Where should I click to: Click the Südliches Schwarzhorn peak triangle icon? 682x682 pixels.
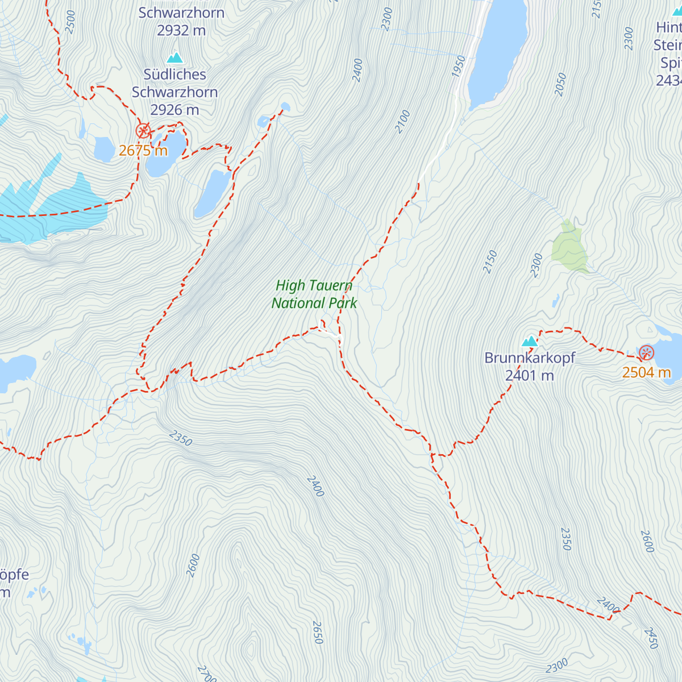(x=174, y=58)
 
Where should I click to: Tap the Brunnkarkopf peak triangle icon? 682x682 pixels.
(x=530, y=341)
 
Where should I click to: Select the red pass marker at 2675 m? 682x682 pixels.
(x=143, y=131)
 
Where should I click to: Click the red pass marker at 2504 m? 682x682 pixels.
(x=646, y=353)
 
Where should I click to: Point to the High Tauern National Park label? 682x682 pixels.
(x=314, y=294)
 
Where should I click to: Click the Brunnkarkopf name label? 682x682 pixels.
(x=529, y=358)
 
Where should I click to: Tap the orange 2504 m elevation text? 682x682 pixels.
(x=646, y=373)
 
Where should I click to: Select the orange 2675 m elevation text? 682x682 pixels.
(x=143, y=151)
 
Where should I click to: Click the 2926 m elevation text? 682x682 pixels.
(x=174, y=110)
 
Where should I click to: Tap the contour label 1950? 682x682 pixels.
(x=459, y=66)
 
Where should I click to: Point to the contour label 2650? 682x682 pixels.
(x=317, y=633)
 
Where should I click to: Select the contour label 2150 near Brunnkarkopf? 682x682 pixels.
(x=490, y=261)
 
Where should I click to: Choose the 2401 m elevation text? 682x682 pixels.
(x=529, y=376)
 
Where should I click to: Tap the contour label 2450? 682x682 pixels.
(x=651, y=638)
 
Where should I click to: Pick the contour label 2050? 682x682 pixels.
(x=560, y=84)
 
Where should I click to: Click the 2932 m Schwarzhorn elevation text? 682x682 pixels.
(x=181, y=31)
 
